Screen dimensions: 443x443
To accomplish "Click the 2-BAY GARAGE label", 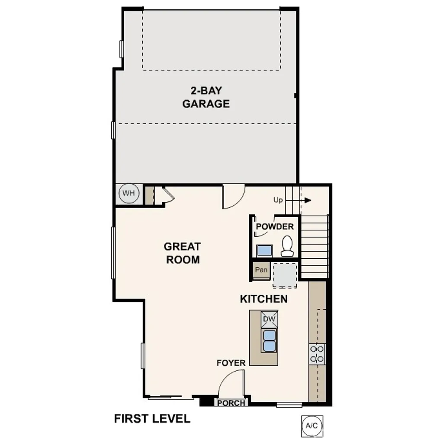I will click(x=205, y=97).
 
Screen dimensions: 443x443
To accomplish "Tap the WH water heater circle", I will click(x=128, y=193).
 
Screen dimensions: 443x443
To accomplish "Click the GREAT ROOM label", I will click(x=182, y=253).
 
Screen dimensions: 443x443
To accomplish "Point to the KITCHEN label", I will click(x=263, y=299).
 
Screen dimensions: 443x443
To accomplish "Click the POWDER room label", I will click(x=275, y=227).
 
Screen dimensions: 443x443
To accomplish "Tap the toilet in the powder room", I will click(x=287, y=246).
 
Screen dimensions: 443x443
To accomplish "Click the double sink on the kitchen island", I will click(x=270, y=340).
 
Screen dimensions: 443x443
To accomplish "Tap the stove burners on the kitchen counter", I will click(x=317, y=353).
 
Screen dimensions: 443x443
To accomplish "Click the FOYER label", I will click(x=231, y=363).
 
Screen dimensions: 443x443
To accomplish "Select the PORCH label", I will click(x=231, y=403).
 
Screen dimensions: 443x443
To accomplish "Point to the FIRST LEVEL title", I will click(x=152, y=419).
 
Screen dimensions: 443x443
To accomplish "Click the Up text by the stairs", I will click(x=278, y=200).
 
